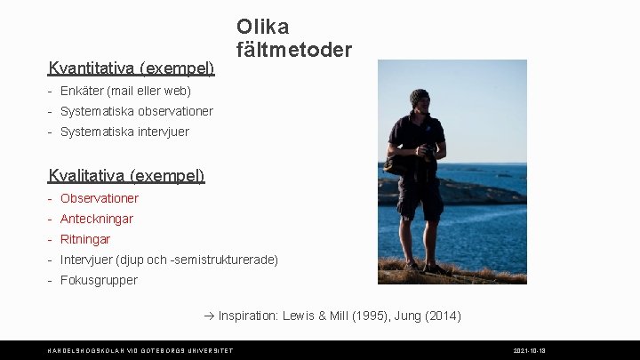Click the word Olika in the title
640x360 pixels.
262,25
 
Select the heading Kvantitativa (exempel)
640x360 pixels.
132,68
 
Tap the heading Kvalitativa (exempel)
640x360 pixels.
127,175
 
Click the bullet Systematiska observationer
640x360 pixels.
136,111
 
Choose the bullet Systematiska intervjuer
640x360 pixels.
124,132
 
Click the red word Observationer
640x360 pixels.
100,198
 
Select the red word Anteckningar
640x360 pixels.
97,219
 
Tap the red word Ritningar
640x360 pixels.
85,239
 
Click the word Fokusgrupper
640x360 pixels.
99,280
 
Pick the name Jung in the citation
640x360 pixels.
408,316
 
